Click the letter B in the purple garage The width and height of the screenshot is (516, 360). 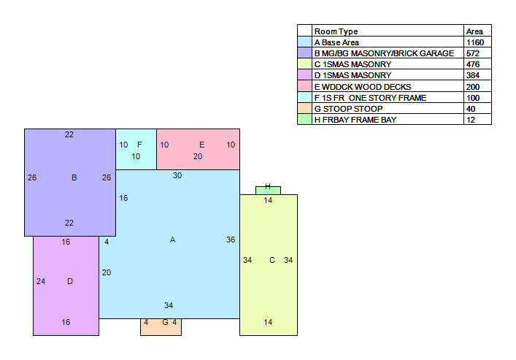coord(74,177)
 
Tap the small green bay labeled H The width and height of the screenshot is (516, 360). coord(268,191)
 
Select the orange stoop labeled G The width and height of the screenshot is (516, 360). coord(161,327)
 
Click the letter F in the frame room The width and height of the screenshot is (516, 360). coord(139,145)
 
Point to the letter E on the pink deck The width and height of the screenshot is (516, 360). coord(201,145)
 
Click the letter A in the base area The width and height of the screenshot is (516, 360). coord(172,240)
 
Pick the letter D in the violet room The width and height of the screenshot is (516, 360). coord(70,281)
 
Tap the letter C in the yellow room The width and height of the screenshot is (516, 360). coord(272,260)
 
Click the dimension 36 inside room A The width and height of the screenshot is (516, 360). coord(231,240)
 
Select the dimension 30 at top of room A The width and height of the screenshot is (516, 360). coord(177,175)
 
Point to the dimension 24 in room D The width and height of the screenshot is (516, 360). coord(41,281)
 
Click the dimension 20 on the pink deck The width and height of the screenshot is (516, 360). coord(198,156)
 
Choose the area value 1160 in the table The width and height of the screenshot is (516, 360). coord(475,42)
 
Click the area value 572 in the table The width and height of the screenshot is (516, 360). coord(473,53)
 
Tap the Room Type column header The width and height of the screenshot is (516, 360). coord(336,31)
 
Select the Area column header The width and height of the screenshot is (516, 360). coord(474,31)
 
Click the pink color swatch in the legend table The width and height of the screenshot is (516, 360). coord(305,86)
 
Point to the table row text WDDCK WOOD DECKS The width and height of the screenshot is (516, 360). coord(366,87)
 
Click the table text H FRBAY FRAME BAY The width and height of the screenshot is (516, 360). coord(355,120)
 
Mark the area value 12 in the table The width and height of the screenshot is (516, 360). coord(471,120)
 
